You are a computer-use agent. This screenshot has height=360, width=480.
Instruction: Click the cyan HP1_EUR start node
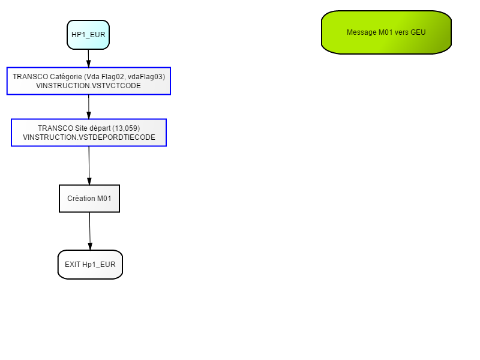(88, 35)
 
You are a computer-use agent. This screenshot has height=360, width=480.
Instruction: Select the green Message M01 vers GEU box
(386, 32)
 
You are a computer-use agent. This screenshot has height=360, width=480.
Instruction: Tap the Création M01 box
(89, 199)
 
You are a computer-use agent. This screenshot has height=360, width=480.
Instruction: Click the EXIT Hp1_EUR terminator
(91, 265)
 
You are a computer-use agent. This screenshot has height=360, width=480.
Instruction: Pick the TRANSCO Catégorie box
(89, 81)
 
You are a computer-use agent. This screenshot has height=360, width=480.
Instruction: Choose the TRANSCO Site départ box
(89, 133)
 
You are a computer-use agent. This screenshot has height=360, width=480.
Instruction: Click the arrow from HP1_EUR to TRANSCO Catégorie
(88, 58)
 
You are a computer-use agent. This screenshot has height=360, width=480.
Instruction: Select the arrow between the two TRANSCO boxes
(89, 107)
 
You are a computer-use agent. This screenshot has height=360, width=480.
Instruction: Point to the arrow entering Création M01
(89, 166)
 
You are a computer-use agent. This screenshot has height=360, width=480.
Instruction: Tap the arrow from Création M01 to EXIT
(90, 231)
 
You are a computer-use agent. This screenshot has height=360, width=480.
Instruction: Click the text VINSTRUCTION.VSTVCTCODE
(88, 86)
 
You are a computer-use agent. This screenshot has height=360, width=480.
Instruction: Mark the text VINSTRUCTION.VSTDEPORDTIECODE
(89, 137)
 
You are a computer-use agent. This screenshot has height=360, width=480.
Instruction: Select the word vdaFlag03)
(146, 77)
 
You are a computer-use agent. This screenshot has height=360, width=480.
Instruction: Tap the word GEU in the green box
(418, 32)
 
